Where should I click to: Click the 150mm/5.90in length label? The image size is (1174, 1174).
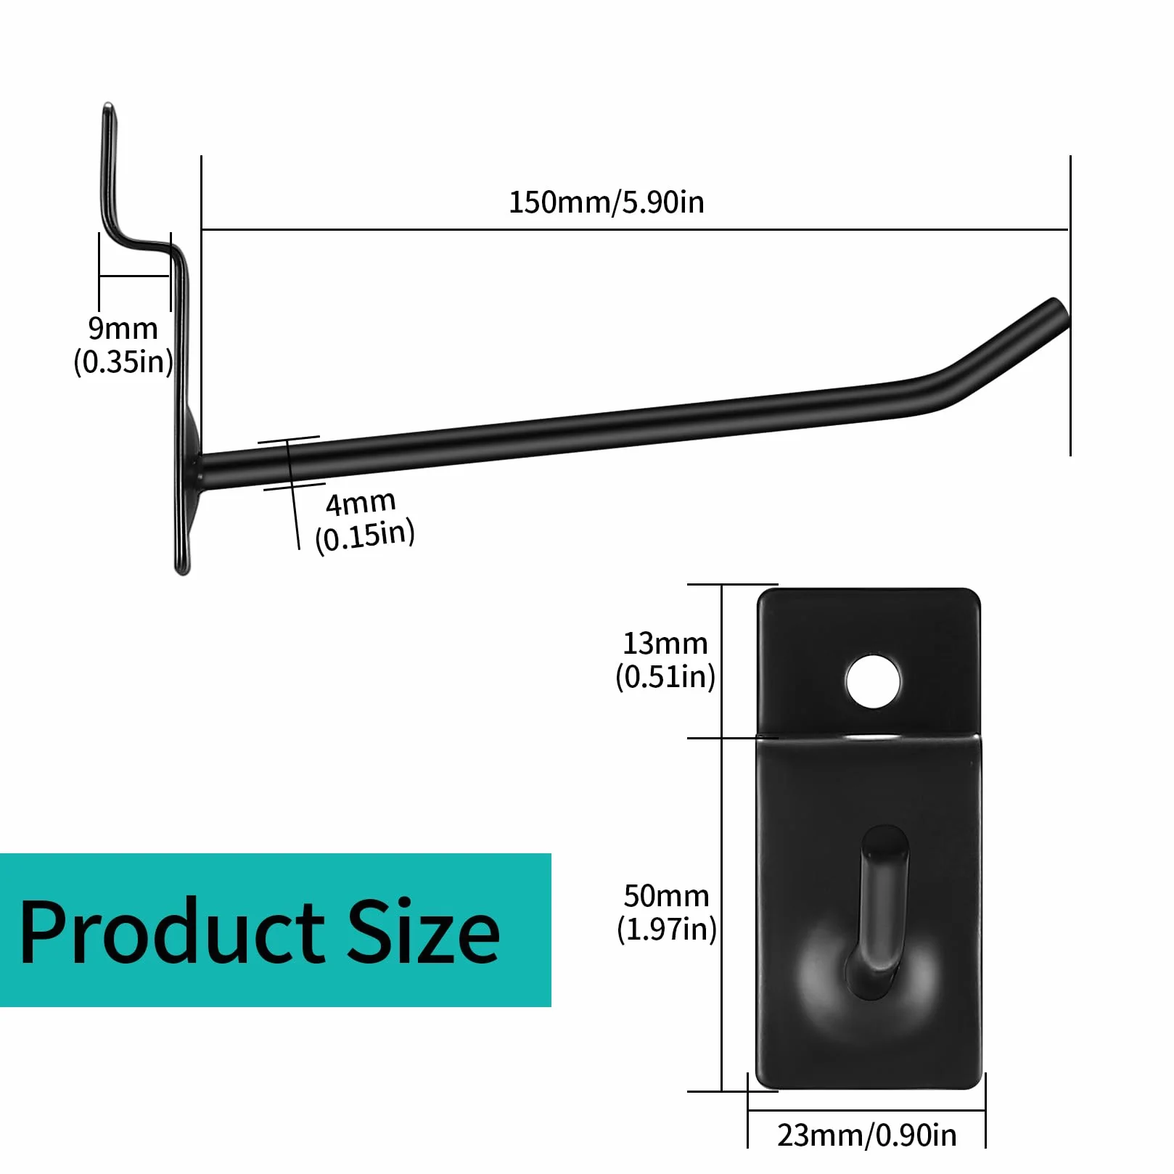tap(606, 202)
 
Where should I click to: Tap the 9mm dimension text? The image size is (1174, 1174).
tap(123, 329)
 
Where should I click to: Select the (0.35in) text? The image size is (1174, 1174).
tap(123, 361)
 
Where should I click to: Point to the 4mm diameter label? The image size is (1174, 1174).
tap(361, 503)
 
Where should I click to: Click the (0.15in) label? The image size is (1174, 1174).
tap(365, 536)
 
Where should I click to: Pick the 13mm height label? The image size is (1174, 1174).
tap(665, 644)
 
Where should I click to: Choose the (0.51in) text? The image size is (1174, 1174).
tap(665, 676)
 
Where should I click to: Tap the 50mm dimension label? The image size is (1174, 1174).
tap(666, 896)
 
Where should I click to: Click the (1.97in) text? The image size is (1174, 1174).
tap(667, 929)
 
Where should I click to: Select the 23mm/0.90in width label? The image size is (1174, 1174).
tap(866, 1136)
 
